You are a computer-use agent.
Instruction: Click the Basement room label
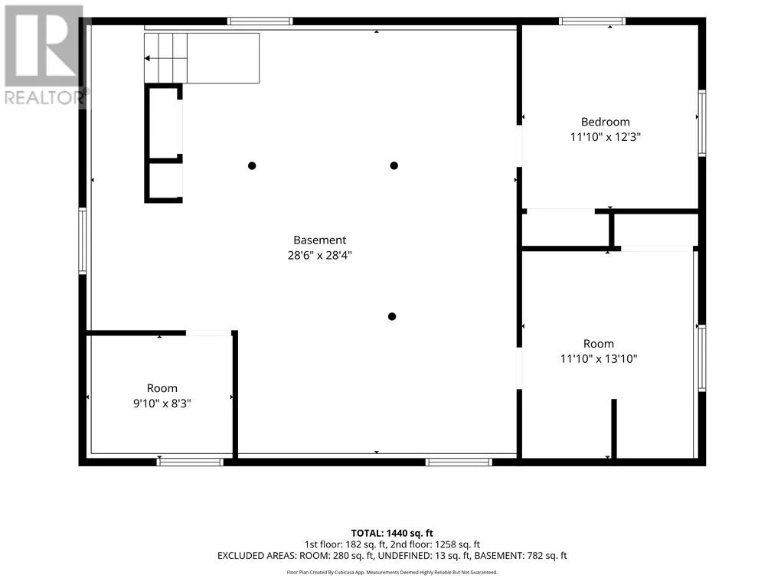pos(319,240)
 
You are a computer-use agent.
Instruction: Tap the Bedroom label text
pos(605,122)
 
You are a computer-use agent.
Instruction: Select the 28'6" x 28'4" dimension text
pos(319,255)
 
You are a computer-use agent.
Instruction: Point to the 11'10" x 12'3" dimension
pos(605,137)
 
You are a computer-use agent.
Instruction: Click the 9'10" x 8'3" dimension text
pos(162,403)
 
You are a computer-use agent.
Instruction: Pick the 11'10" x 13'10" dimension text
pos(599,358)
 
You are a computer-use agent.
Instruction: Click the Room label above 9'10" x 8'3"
pos(162,388)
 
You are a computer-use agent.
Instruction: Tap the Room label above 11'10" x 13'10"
pos(599,344)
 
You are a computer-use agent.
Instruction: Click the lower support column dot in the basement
pos(392,316)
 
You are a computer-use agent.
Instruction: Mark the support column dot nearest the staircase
pos(252,165)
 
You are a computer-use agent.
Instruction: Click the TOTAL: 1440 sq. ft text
pos(392,534)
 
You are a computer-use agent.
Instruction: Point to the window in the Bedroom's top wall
pos(592,21)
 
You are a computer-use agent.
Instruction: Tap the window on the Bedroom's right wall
pos(702,123)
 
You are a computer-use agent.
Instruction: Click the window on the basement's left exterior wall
pos(83,241)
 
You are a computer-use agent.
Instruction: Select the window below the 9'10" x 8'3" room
pos(190,462)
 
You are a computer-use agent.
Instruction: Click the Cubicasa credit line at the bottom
pos(392,573)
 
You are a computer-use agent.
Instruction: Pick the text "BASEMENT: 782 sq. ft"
pos(521,556)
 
